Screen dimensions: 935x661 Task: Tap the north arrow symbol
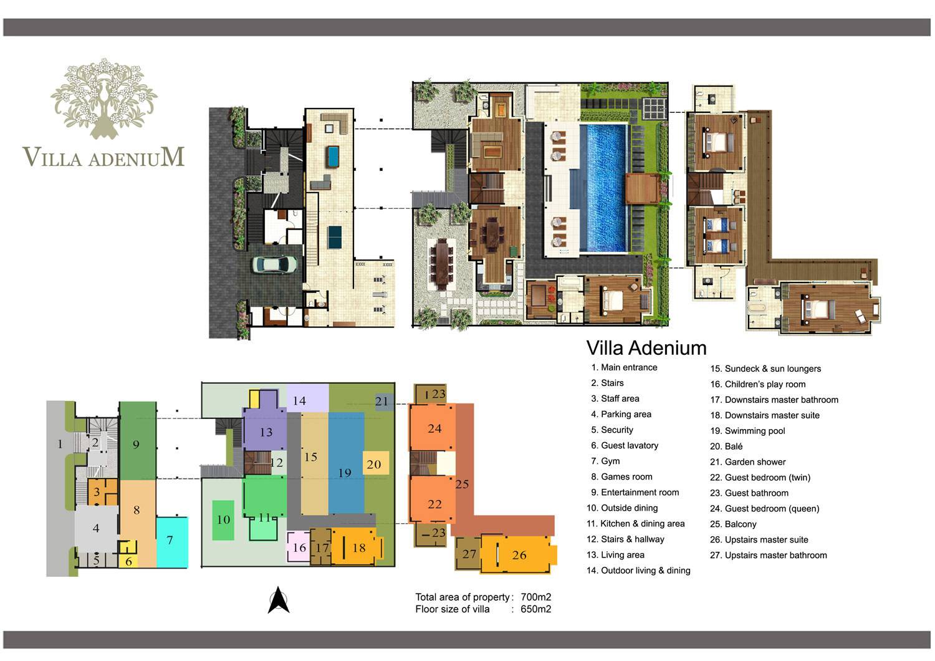279,600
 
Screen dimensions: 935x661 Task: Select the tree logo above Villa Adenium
104,99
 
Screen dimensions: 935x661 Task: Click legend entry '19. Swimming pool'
747,430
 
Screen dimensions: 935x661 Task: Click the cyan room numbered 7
172,542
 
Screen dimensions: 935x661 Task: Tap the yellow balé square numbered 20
376,463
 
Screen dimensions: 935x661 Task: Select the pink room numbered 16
299,547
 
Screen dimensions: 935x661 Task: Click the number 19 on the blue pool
344,473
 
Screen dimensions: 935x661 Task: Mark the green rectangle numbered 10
223,520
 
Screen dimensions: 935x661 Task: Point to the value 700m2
535,597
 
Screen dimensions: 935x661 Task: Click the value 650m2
535,609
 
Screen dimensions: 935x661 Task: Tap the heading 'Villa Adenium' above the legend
646,348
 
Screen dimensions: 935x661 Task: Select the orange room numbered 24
432,428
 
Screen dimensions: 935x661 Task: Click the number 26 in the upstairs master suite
519,555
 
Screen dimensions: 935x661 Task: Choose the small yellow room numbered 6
128,561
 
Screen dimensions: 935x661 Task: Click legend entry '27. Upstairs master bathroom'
768,555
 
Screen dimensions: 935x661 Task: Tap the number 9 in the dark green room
136,444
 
